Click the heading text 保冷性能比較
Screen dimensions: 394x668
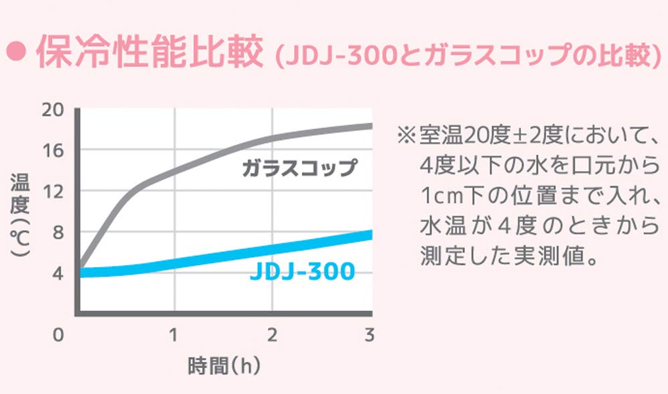[147, 53]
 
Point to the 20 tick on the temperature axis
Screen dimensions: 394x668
[53, 109]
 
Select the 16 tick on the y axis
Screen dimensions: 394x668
[53, 150]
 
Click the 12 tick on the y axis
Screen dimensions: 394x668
[53, 192]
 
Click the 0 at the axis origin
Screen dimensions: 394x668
[58, 335]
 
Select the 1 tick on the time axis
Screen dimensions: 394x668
[173, 335]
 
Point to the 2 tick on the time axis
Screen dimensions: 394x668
[272, 335]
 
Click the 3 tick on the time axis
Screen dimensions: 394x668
[369, 335]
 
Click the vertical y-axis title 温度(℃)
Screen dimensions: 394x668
[18, 217]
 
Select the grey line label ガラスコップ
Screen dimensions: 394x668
[300, 168]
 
